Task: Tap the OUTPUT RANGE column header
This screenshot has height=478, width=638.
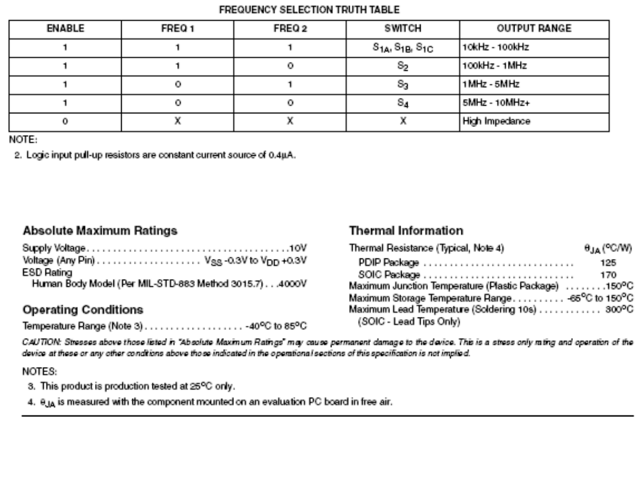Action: coord(542,28)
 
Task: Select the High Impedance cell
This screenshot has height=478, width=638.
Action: coord(488,122)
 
